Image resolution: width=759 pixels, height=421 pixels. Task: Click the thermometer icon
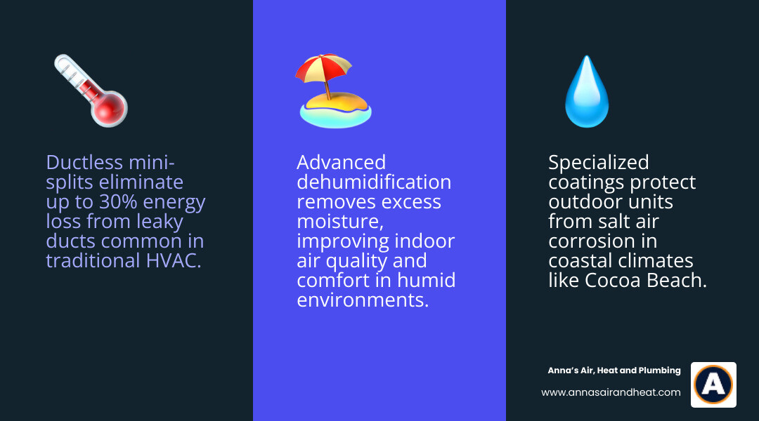90,91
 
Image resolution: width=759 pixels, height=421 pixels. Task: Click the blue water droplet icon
587,92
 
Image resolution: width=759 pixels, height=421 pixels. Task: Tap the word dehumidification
373,182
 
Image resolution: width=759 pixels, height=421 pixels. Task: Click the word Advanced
341,163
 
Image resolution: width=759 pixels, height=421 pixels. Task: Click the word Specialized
598,163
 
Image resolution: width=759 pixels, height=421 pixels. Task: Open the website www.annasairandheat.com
611,393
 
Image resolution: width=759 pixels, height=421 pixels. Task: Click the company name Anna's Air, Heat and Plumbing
614,370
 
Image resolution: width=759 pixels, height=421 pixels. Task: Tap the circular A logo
713,385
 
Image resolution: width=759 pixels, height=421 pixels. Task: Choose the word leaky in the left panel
154,222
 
